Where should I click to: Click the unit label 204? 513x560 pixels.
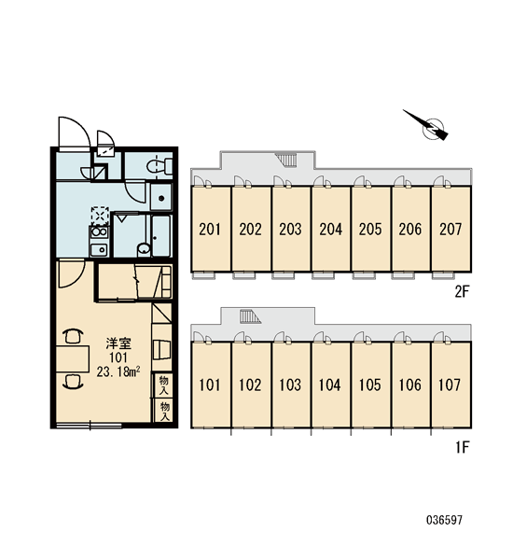[x=330, y=230]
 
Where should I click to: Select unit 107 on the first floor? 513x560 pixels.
[x=451, y=385]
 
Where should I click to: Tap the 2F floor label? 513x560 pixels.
[x=462, y=292]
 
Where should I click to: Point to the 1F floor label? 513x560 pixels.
[x=462, y=447]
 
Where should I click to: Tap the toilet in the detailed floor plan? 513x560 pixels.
[x=159, y=166]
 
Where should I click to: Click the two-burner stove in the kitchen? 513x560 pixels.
[x=99, y=232]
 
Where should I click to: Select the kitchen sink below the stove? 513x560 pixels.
[x=99, y=249]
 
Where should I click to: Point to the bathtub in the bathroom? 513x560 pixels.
[x=161, y=235]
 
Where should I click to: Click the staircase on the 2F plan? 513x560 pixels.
[x=287, y=160]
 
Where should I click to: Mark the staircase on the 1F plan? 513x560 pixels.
[x=250, y=316]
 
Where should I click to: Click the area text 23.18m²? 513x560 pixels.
[x=118, y=371]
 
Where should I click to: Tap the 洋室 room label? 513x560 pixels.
[x=118, y=343]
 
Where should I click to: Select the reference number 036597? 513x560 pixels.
[x=444, y=520]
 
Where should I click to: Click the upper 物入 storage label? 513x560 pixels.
[x=163, y=385]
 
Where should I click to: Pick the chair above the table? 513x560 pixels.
[x=73, y=336]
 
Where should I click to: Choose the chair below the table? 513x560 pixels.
[x=73, y=381]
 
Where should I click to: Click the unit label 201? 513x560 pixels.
[x=210, y=230]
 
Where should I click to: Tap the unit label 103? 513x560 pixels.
[x=290, y=385]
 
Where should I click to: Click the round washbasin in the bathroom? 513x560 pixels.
[x=144, y=249]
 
